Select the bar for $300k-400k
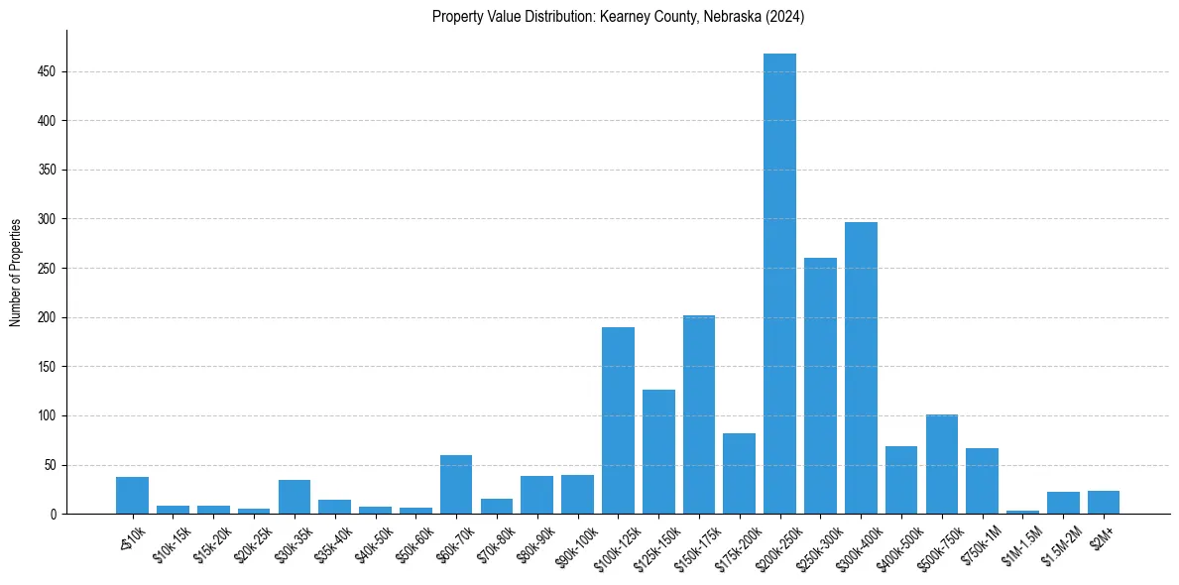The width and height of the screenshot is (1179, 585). [861, 368]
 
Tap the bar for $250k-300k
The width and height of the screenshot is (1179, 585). [820, 386]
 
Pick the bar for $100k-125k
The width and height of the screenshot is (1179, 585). [618, 420]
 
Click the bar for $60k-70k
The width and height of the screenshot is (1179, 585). [456, 485]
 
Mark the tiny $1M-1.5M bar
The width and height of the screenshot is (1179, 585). [1022, 512]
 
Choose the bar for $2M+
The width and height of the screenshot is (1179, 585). [1104, 503]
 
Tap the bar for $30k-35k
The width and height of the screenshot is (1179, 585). [295, 497]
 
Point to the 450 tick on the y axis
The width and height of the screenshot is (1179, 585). [47, 72]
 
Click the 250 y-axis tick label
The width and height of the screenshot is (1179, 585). [47, 269]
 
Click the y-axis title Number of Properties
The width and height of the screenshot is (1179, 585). [16, 273]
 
